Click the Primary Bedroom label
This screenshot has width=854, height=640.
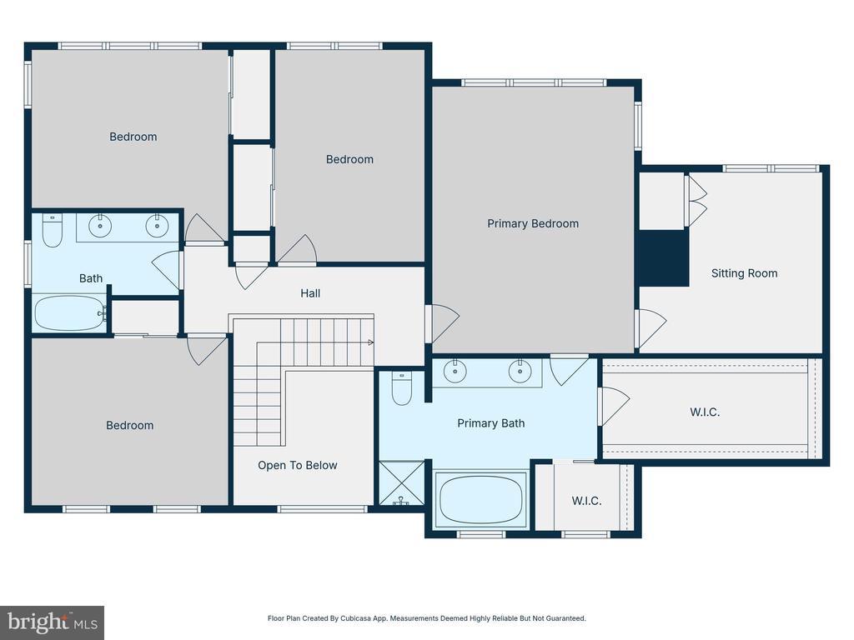[x=533, y=223]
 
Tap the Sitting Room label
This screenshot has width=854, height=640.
[x=744, y=273]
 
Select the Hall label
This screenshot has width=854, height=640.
[x=310, y=293]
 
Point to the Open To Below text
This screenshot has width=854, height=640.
[x=298, y=465]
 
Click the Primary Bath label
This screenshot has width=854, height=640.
[x=490, y=423]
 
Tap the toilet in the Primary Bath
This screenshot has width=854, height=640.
[x=402, y=388]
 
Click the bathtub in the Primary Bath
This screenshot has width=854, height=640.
[x=481, y=500]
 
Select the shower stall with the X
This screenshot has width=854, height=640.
[x=401, y=482]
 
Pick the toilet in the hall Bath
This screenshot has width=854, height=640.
[x=53, y=230]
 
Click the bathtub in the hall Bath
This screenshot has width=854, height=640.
[x=70, y=313]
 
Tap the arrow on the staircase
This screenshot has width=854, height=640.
[x=371, y=342]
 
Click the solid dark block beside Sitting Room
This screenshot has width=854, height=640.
[x=663, y=258]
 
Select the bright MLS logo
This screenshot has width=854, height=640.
[x=53, y=622]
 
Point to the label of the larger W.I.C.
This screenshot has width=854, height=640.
[x=705, y=412]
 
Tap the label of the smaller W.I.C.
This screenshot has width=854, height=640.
[x=586, y=501]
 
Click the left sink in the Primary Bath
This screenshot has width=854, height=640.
[x=455, y=372]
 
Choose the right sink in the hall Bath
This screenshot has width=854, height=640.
[x=157, y=226]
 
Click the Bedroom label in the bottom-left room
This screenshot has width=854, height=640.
[x=129, y=426]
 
